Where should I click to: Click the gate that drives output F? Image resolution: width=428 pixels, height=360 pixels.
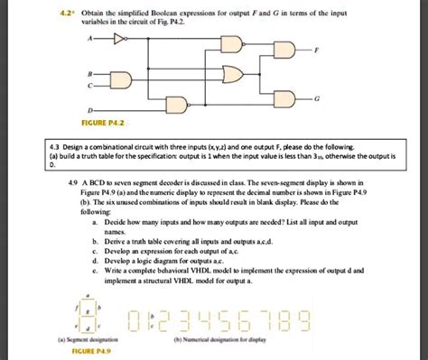tap(285, 51)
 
